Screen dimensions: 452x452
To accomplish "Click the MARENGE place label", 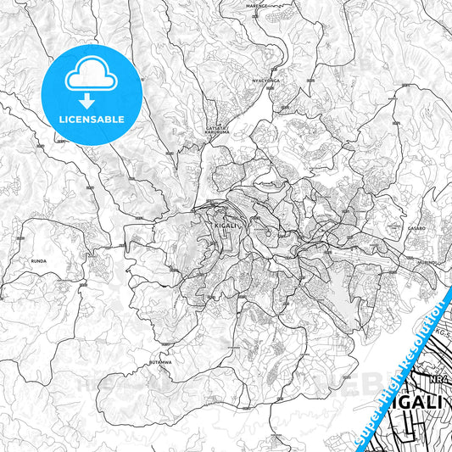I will [x=256, y=5].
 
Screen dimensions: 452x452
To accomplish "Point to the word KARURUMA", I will [x=218, y=134].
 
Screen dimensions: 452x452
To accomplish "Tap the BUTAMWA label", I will [x=160, y=361].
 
